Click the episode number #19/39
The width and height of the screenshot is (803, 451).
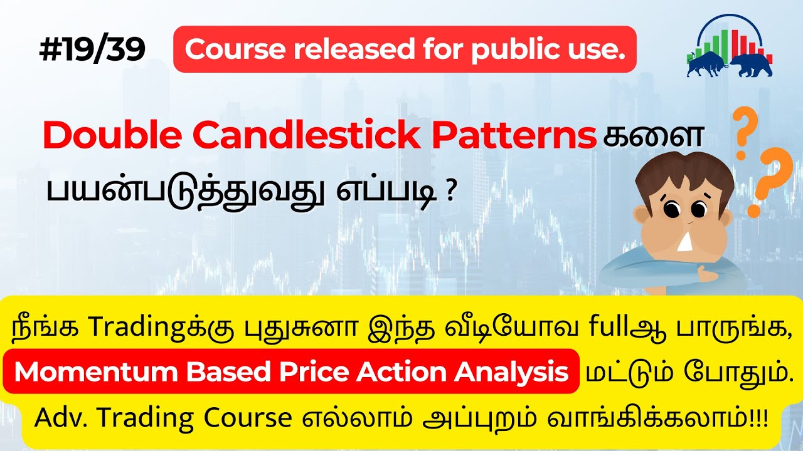pyautogui.click(x=92, y=50)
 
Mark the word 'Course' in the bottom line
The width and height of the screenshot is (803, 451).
pyautogui.click(x=253, y=418)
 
